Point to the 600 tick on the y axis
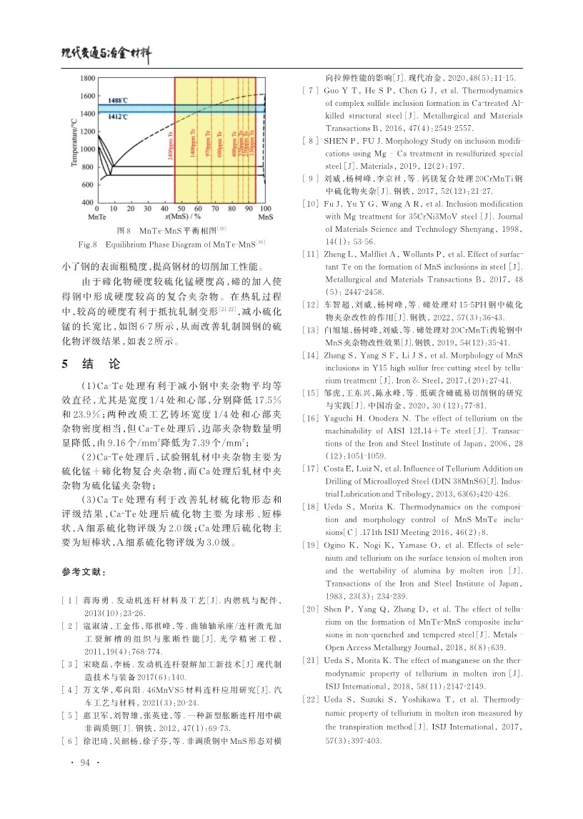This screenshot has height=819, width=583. (89, 185)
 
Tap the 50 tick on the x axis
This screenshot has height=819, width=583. (178, 207)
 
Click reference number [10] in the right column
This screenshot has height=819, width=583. (307, 204)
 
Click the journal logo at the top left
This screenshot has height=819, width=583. (107, 51)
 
